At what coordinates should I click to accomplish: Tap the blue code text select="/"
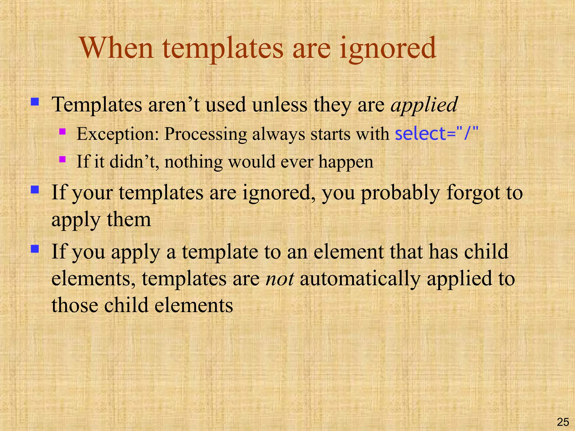point(436,134)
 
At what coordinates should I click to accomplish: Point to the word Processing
point(206,134)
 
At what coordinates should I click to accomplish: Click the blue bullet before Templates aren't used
point(35,102)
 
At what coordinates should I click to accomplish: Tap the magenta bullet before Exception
point(62,131)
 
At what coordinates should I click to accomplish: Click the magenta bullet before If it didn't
point(62,159)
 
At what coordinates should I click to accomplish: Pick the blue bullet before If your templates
point(35,190)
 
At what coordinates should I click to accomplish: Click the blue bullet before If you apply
point(35,249)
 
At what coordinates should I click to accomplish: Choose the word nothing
point(193,162)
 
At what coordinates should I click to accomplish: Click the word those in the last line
point(75,305)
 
